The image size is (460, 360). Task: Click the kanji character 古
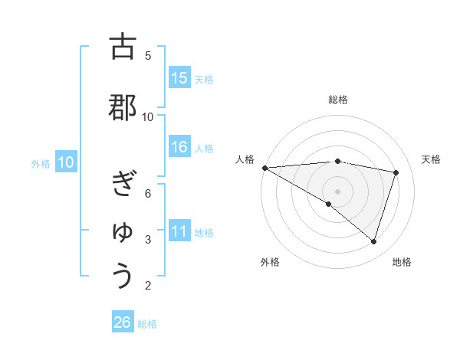pos(123,47)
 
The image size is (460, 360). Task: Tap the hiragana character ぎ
pos(123,184)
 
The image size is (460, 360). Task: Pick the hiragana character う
pos(123,277)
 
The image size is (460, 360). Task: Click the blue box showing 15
pos(179,78)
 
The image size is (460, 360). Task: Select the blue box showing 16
pos(179,148)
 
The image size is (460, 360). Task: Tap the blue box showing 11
pos(179,232)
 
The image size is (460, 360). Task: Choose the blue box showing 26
pos(123,322)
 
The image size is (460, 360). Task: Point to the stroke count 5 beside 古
pos(148,55)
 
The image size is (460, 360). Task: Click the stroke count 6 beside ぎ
pos(148,193)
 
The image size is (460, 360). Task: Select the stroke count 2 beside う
pos(148,286)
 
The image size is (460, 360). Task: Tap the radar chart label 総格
pos(338,100)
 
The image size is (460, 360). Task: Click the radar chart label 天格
pos(431,159)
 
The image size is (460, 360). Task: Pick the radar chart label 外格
pos(270,262)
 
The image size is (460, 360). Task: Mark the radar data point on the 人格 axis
pos(264,167)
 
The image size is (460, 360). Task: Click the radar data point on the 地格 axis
pos(373,241)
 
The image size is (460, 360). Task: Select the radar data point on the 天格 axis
pos(396,172)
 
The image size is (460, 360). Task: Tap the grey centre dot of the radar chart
pos(337,190)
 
